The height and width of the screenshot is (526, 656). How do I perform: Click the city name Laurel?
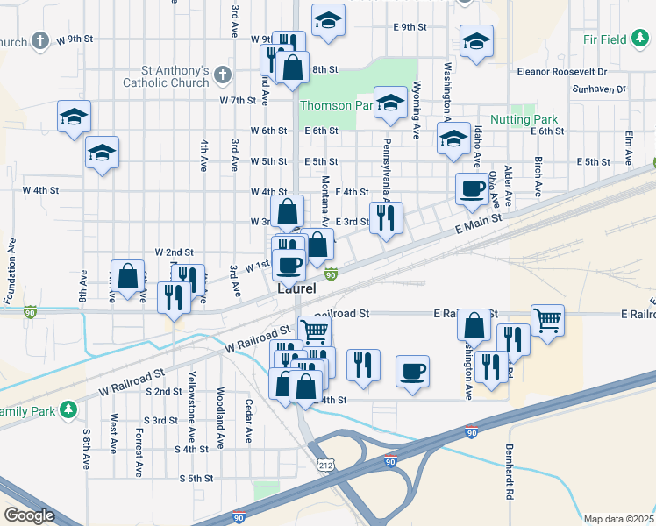296,288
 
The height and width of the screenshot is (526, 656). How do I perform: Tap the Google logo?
29,515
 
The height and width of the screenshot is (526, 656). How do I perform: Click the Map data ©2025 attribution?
618,519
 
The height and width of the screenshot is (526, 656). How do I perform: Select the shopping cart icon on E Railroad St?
547,321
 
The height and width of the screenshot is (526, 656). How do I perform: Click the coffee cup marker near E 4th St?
472,188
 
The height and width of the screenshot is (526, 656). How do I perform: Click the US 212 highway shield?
325,462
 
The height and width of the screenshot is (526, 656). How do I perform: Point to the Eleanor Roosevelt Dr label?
561,70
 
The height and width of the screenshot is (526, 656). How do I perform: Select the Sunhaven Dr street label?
597,89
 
